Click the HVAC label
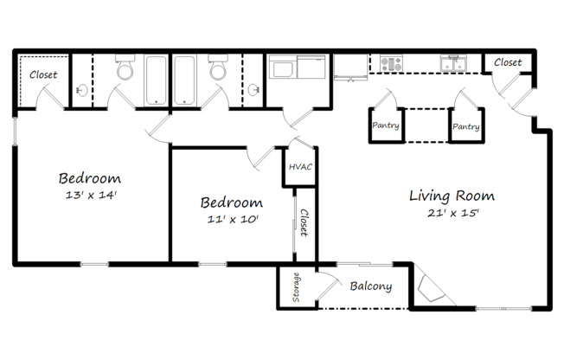(300, 167)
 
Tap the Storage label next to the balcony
(296, 288)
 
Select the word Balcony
(371, 287)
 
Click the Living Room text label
(452, 196)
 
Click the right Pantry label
(465, 126)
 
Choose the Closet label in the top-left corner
(43, 75)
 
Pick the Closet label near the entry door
(508, 62)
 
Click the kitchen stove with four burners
(391, 63)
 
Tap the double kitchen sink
(454, 63)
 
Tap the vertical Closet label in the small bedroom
(304, 222)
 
